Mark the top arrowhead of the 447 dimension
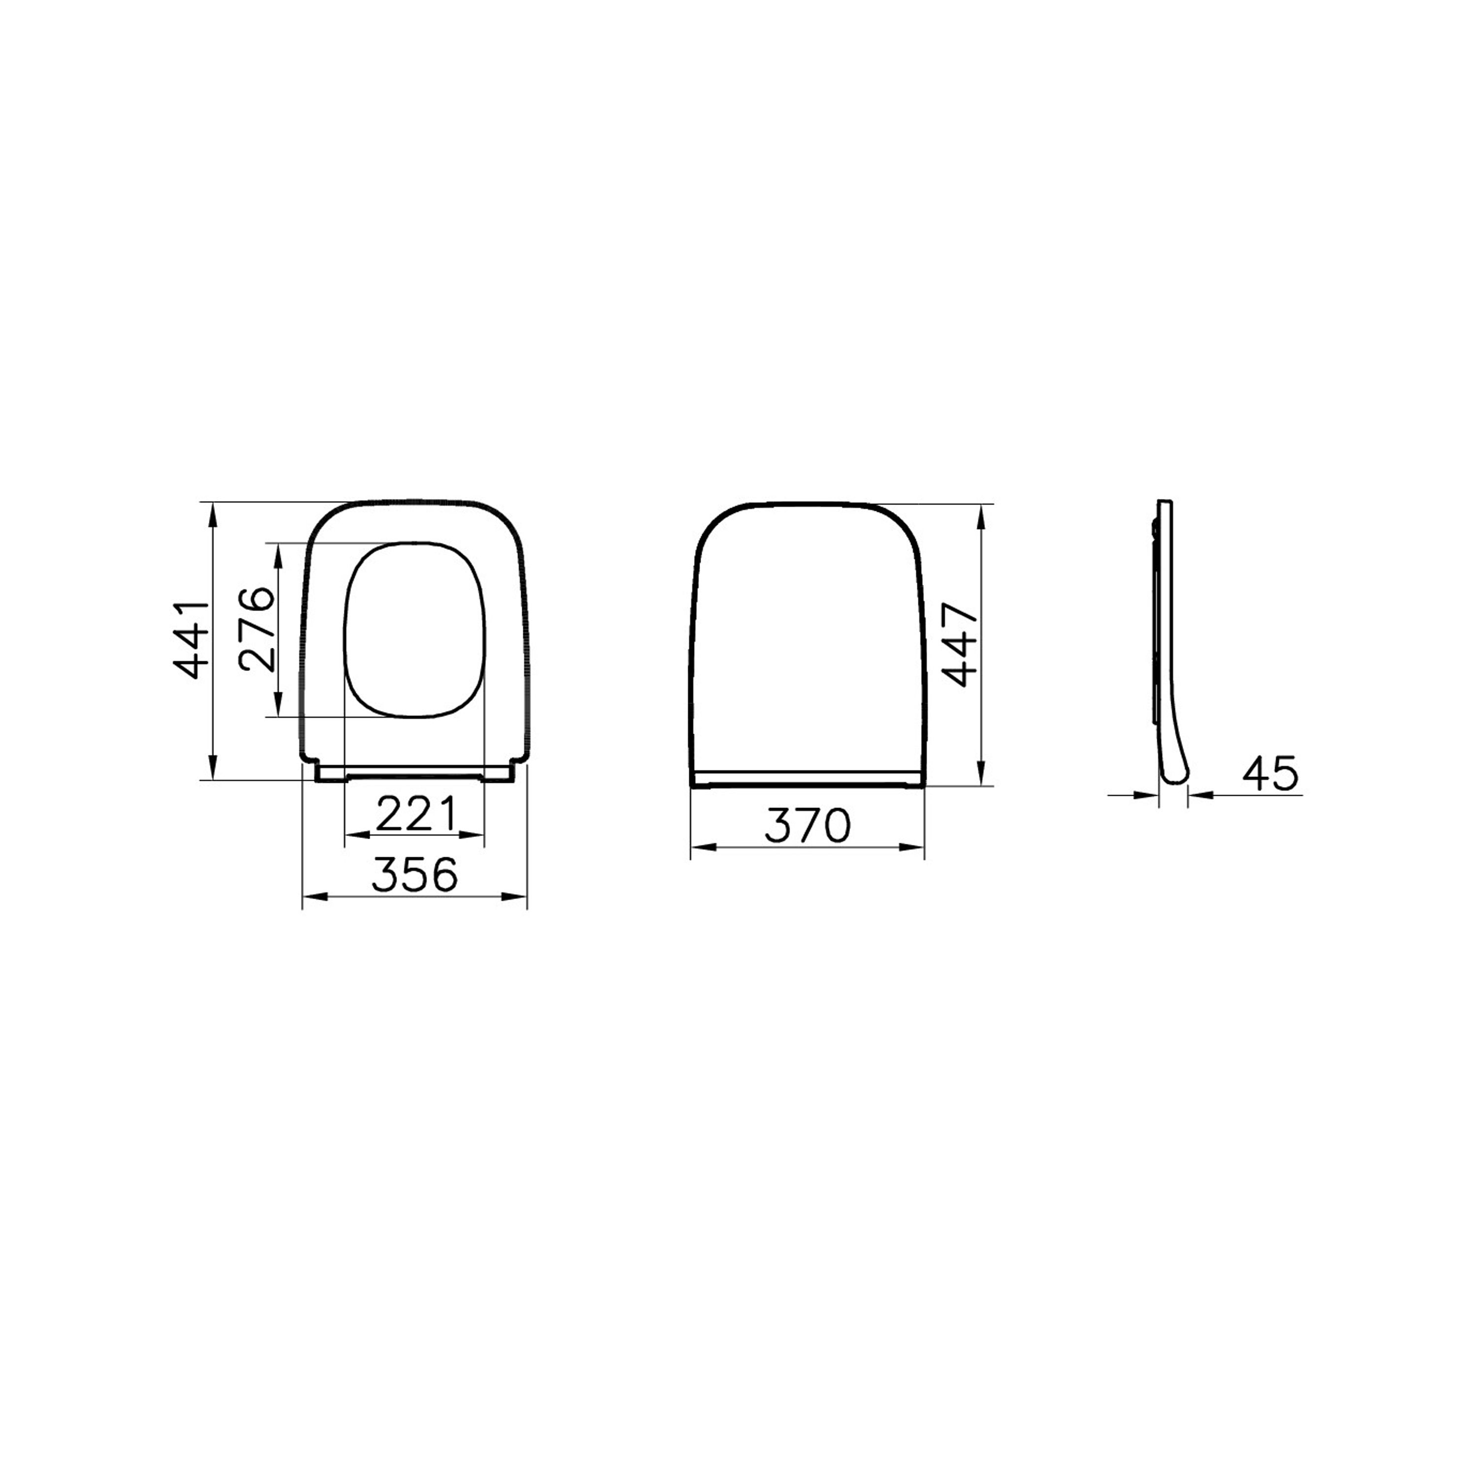tap(983, 513)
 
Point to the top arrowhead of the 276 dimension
tap(278, 552)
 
